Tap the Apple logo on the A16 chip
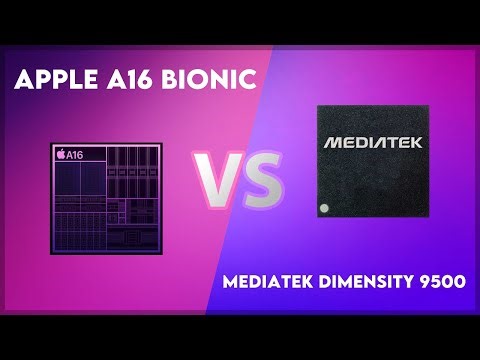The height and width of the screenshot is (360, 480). (x=61, y=155)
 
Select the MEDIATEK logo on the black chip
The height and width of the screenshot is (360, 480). (x=372, y=143)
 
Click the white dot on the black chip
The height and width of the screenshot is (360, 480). (x=323, y=208)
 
